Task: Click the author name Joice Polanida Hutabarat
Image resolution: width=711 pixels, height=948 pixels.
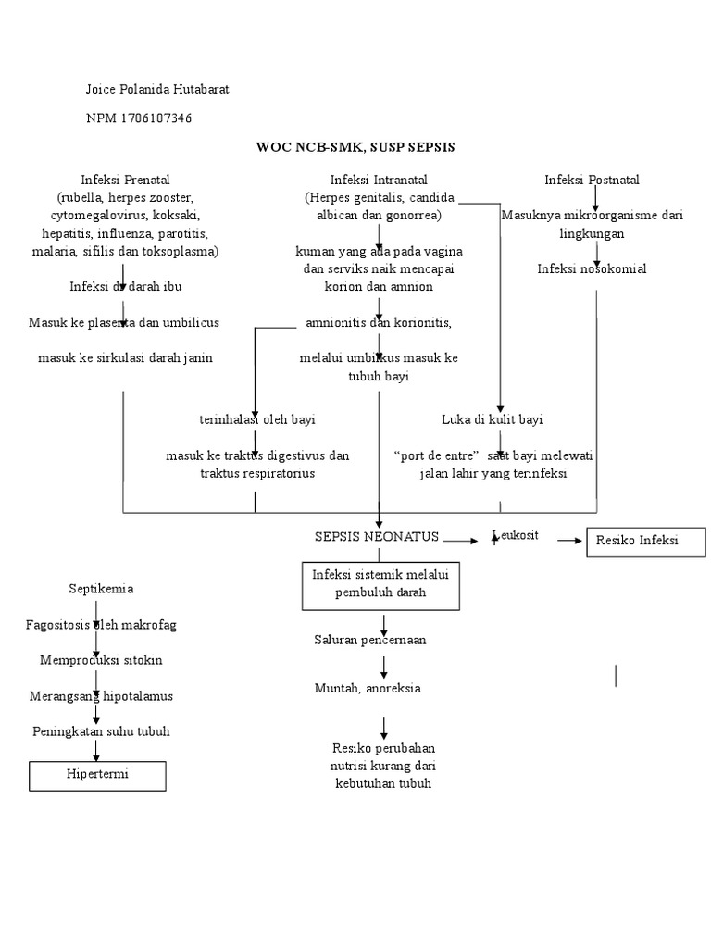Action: point(156,89)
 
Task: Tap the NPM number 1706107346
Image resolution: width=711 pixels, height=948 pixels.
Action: point(139,118)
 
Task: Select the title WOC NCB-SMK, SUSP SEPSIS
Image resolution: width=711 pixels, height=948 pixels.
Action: point(355,147)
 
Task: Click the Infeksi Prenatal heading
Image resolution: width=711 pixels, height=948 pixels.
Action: point(125,180)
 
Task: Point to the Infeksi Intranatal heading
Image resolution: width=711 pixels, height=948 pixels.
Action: point(379,180)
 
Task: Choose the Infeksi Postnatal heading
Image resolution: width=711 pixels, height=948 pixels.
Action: point(592,180)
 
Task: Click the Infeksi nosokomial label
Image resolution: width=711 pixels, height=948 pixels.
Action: point(592,268)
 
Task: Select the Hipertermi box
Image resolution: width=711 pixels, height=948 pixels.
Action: point(97,775)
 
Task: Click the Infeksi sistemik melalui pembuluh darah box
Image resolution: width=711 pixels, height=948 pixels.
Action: point(380,584)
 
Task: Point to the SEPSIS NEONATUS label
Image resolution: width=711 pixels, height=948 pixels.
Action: point(377,538)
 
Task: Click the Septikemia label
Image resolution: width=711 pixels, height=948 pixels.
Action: point(101,589)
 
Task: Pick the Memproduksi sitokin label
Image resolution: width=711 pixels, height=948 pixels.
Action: point(100,661)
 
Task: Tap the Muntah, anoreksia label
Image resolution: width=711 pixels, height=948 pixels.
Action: point(368,688)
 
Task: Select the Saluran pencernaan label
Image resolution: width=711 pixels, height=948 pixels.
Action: point(369,640)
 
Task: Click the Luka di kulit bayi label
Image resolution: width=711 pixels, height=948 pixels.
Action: point(492,419)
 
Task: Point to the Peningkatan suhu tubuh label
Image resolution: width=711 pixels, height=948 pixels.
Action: point(100,731)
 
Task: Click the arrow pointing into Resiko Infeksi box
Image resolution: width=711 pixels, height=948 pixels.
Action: point(569,540)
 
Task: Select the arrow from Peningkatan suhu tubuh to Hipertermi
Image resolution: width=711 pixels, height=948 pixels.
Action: point(96,751)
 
